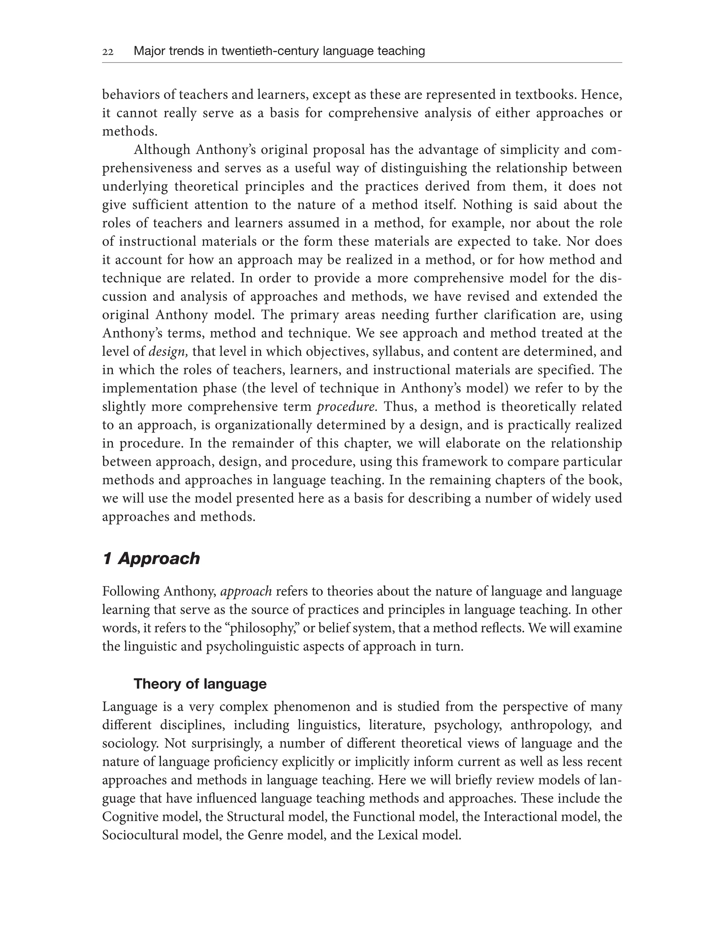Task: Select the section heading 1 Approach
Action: [x=151, y=558]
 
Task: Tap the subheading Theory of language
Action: [x=200, y=684]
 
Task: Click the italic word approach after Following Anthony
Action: [x=246, y=591]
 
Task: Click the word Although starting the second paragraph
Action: [x=162, y=150]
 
